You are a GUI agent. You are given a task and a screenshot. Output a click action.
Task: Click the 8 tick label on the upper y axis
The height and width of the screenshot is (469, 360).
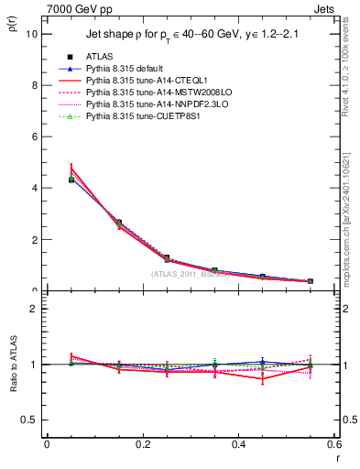(x=34, y=85)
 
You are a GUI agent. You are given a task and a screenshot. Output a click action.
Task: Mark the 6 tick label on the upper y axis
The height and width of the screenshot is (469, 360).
(x=34, y=136)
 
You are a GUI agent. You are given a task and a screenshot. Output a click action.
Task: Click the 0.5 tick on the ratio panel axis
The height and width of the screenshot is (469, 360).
(x=30, y=420)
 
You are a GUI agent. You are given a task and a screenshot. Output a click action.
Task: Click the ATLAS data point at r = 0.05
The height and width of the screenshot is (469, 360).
(x=71, y=180)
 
